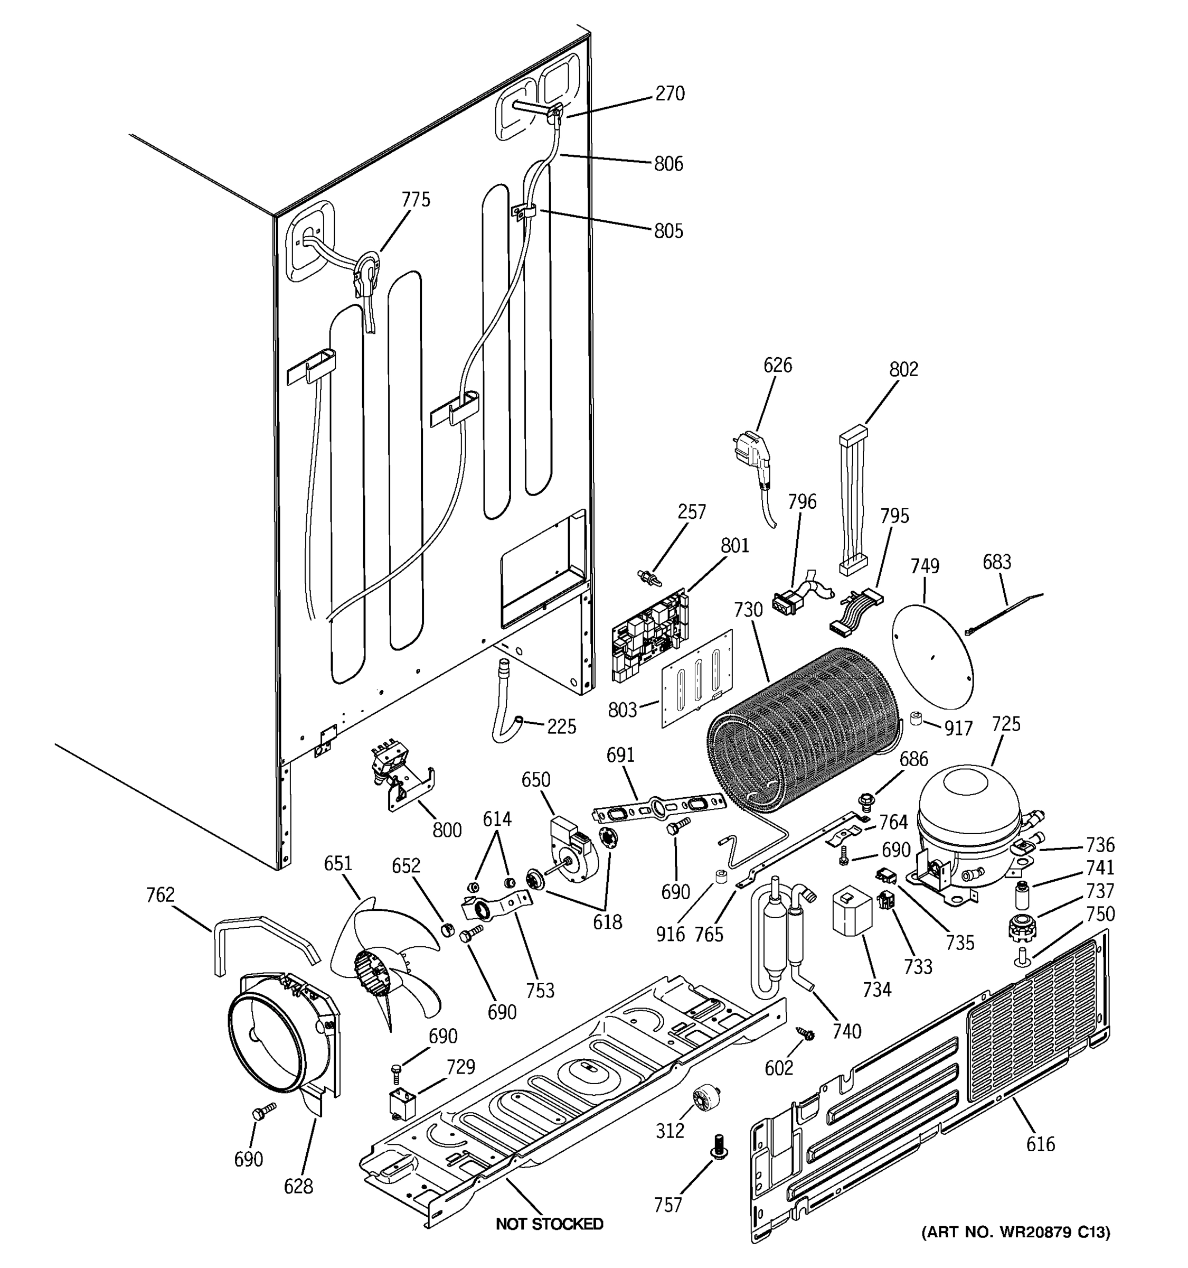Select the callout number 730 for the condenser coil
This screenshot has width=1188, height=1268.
[x=748, y=610]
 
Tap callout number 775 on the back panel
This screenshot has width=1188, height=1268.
[x=416, y=200]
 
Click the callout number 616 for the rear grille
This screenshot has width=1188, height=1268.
[x=1040, y=1144]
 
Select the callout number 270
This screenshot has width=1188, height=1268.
[x=670, y=94]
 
